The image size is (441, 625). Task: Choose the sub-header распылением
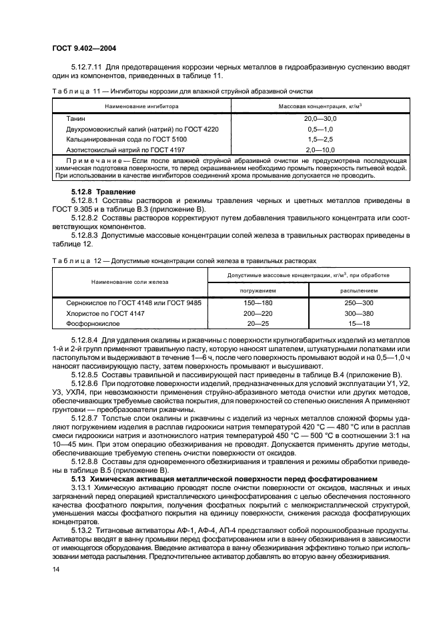click(x=358, y=290)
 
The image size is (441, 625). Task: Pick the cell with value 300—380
click(x=358, y=313)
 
